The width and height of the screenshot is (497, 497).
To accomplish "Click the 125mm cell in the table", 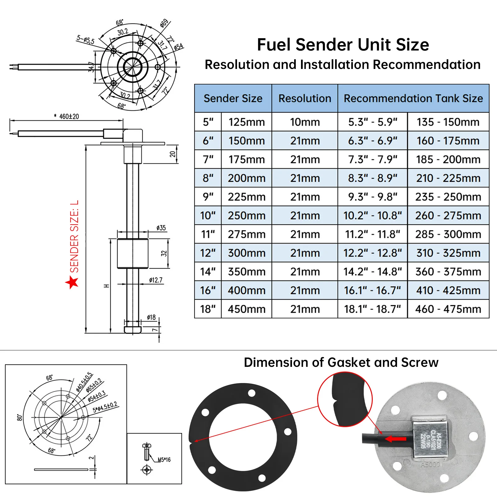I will click(247, 122).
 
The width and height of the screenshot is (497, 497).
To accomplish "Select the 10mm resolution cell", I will click(305, 122).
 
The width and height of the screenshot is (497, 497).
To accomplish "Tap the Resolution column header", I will click(305, 98).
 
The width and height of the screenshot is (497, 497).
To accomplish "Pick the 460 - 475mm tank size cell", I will click(448, 309).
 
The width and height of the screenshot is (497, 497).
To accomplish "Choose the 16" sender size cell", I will click(208, 290).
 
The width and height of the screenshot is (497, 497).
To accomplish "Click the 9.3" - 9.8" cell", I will click(372, 197).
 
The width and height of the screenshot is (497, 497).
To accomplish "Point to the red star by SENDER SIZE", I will click(72, 282).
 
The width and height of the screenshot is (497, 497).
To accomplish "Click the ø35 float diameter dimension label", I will click(161, 228).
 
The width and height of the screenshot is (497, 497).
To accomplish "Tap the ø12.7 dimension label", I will click(156, 280).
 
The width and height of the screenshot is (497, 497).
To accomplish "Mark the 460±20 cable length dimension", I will click(69, 116).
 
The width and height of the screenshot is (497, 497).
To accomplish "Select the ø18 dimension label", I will click(151, 317).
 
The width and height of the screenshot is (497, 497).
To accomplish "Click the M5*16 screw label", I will click(164, 460).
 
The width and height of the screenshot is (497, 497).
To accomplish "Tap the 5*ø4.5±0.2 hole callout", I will click(105, 407).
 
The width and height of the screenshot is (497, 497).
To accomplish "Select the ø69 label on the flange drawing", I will click(164, 23).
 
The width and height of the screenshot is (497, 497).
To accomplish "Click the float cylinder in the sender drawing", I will click(133, 253).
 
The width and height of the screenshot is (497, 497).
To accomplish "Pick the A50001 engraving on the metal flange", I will click(431, 465).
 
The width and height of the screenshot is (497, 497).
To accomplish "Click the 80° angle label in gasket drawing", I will click(20, 417).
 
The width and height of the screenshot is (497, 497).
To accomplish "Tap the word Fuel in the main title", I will click(274, 45).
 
